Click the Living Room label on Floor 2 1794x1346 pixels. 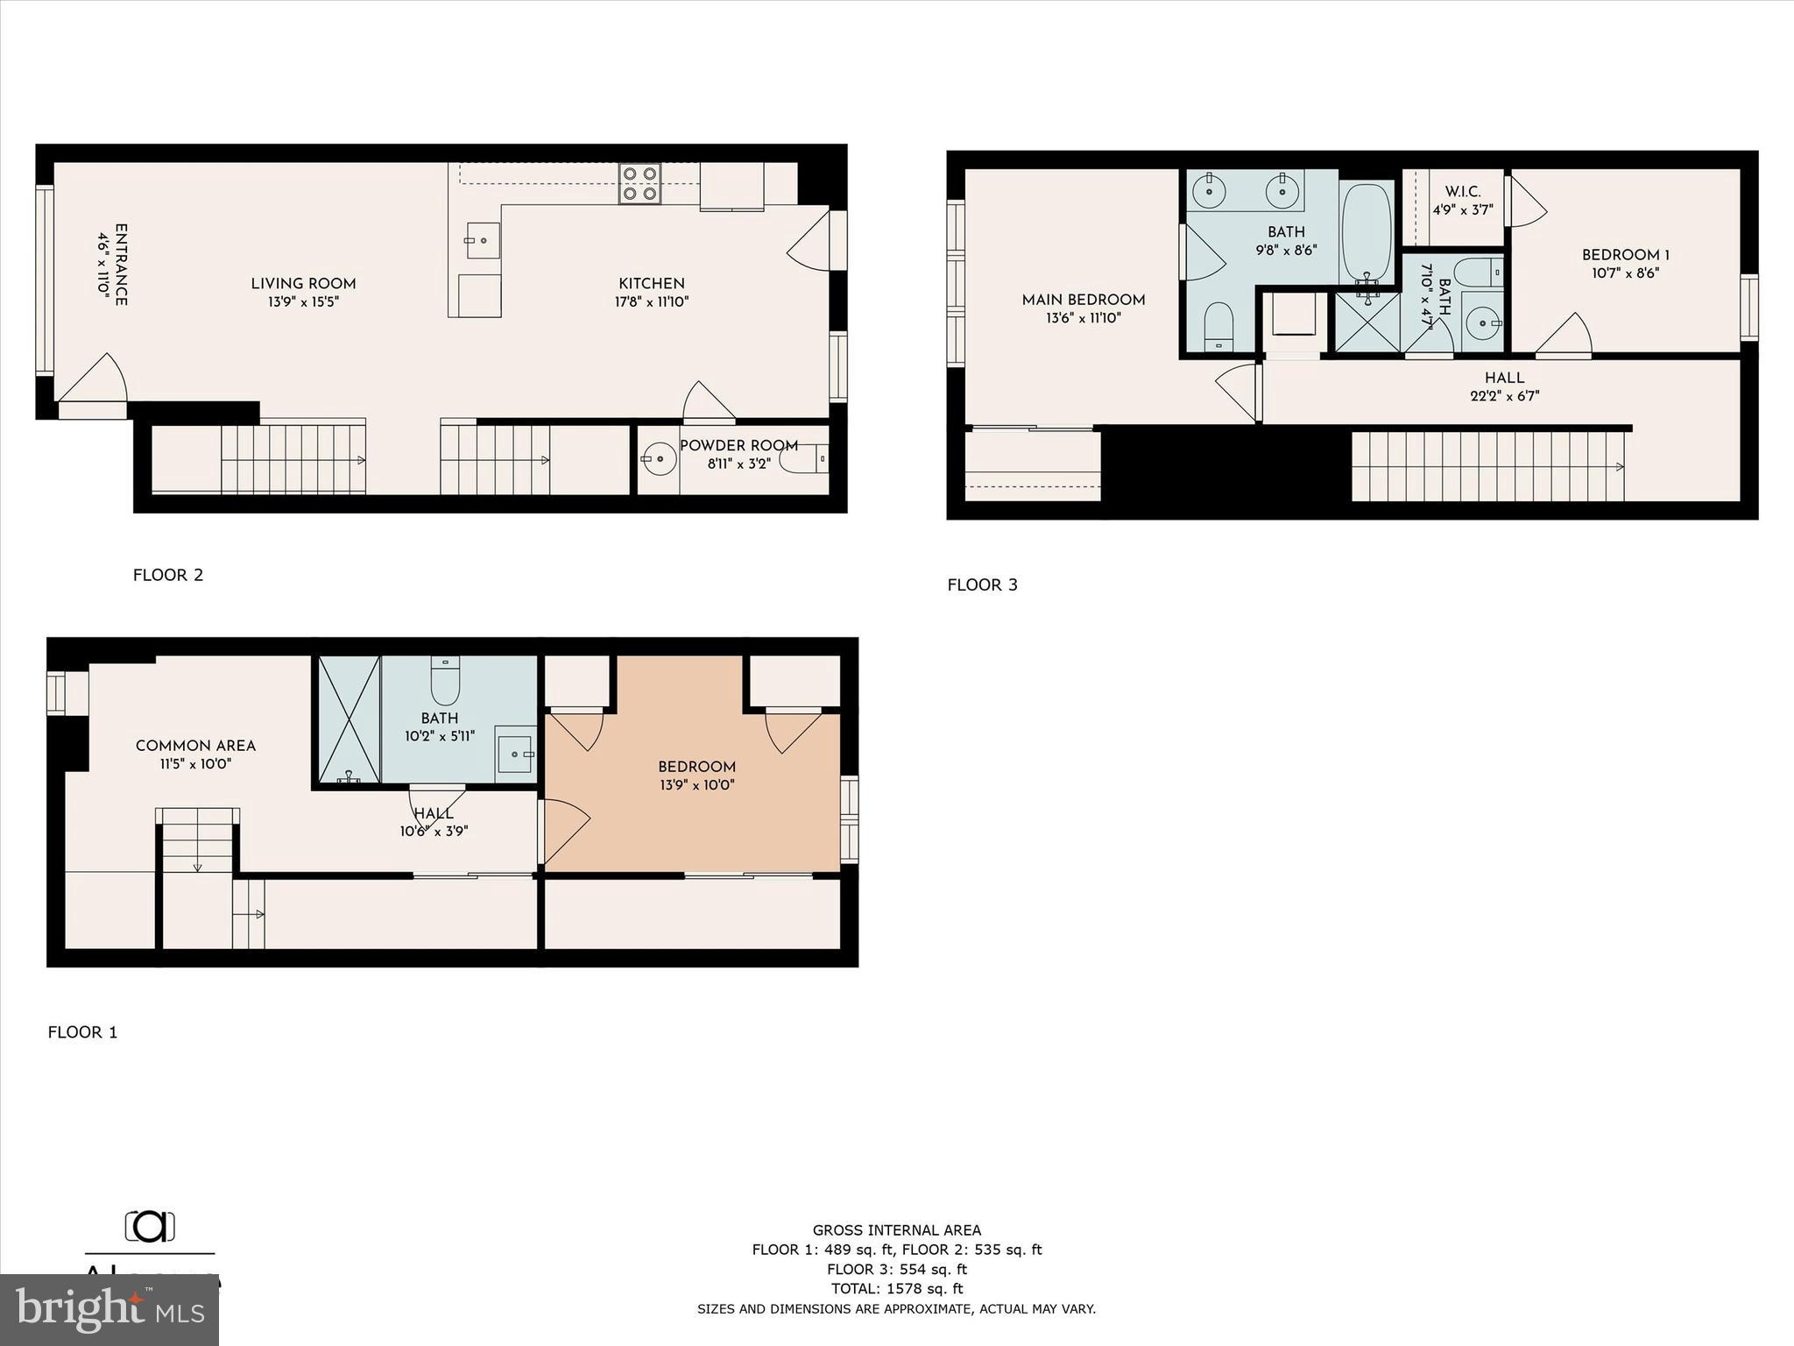303,283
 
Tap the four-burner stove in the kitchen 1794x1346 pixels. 639,184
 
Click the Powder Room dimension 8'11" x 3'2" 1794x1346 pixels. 738,464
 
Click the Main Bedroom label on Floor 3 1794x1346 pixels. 1083,300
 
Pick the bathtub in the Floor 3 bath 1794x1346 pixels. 1367,232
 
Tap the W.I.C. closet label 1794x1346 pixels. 1462,191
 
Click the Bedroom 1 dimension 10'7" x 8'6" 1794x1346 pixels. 1625,273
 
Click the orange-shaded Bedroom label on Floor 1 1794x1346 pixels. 696,767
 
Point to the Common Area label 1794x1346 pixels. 195,746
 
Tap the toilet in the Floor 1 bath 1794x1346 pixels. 445,681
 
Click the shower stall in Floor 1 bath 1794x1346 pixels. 349,719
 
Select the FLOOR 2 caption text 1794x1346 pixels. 168,575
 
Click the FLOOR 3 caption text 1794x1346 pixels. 982,584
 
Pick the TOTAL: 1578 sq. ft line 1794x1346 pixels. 896,1288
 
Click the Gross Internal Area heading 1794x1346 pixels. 896,1230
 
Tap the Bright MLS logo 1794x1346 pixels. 109,1310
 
